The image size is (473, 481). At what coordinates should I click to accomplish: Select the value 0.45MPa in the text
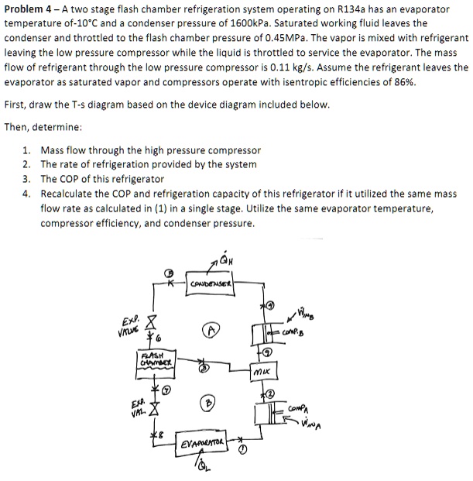click(x=350, y=37)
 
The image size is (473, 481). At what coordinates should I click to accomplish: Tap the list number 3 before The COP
click(x=27, y=179)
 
